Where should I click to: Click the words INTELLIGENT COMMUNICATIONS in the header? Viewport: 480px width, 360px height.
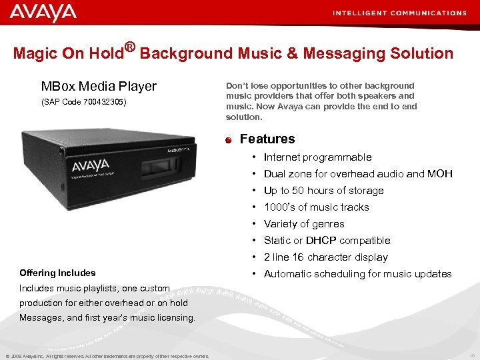click(x=399, y=13)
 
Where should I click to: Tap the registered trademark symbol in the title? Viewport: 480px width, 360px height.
click(x=130, y=47)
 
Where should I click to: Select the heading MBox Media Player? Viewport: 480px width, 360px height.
click(x=99, y=86)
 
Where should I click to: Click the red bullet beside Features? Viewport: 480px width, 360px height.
click(x=228, y=139)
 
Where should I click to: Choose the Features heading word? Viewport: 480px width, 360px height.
click(x=267, y=139)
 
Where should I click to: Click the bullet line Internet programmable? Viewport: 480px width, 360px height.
click(x=317, y=157)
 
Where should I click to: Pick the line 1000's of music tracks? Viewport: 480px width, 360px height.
click(x=316, y=207)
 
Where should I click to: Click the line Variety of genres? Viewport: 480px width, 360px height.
click(x=304, y=224)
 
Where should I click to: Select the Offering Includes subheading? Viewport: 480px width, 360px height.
click(x=57, y=273)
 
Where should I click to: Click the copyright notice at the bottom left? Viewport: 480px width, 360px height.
click(x=107, y=356)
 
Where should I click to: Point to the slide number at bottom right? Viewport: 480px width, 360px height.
click(x=472, y=355)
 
